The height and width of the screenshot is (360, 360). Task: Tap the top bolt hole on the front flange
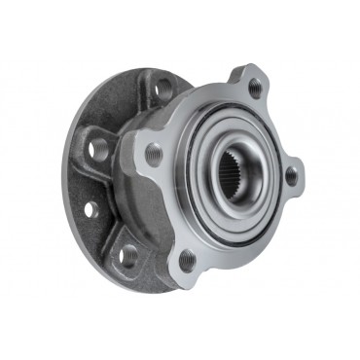pos(255,89)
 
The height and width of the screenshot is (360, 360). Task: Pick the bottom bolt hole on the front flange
pos(186,259)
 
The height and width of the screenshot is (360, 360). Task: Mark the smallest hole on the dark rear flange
pos(90,208)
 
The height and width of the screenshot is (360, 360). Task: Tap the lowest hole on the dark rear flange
pos(128,256)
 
